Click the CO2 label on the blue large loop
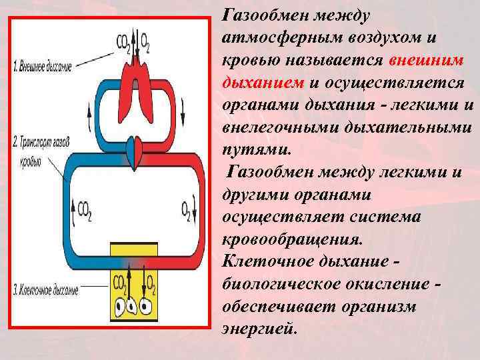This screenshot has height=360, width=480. [85, 210]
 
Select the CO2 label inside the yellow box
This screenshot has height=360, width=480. [120, 283]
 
